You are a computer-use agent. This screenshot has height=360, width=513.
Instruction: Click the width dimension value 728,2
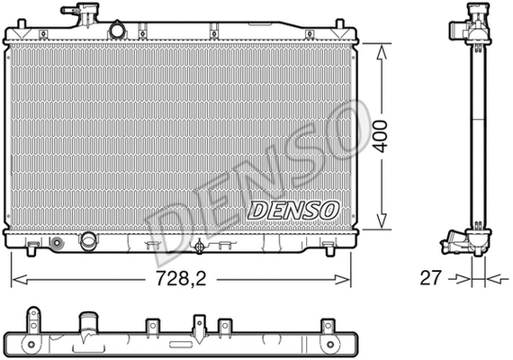click(x=180, y=279)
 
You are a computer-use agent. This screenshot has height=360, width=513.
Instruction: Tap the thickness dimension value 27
click(x=430, y=279)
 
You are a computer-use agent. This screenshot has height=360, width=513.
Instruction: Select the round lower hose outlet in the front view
click(x=89, y=241)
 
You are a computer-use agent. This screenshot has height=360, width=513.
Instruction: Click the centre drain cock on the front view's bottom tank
click(x=200, y=246)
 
